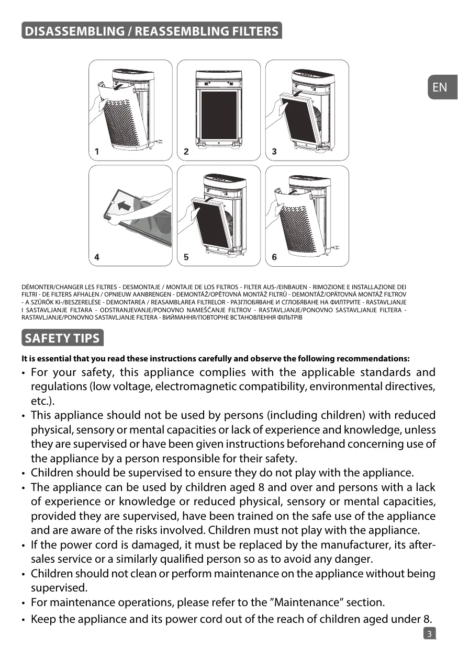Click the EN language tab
coord(440,87)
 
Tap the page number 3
coord(429,634)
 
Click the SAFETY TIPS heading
coord(62,338)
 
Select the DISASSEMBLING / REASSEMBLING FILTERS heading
coord(152,31)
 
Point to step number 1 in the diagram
coord(97,152)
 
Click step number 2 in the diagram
coord(186,152)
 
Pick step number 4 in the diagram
coord(97,257)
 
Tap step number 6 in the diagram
coord(275,257)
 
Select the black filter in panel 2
coord(219,115)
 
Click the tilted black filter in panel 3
coord(300,118)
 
